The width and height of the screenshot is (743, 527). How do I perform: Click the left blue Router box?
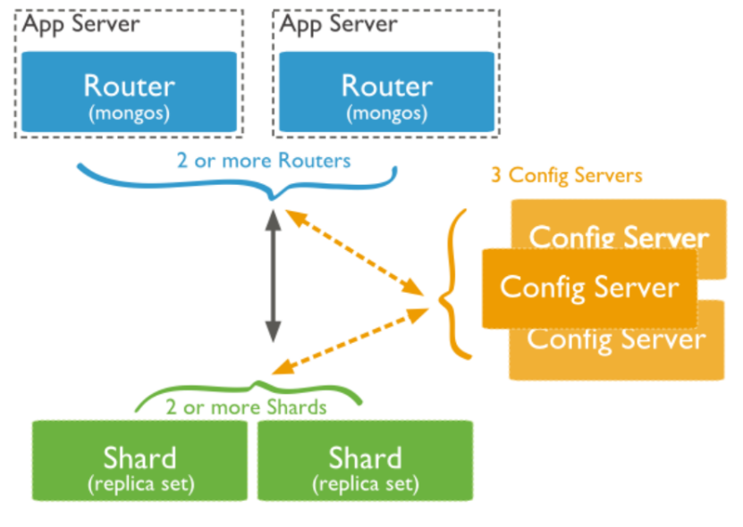tap(129, 92)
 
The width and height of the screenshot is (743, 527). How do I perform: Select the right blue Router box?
tap(386, 92)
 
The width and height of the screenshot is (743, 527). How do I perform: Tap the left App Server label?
tap(81, 24)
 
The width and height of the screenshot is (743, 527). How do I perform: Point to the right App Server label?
tap(339, 24)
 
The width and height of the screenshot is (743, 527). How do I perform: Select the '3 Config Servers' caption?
tap(566, 174)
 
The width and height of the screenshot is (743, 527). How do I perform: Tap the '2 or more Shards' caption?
tap(246, 406)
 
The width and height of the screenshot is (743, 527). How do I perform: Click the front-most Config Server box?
tap(588, 288)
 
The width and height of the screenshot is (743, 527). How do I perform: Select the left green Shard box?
tap(139, 460)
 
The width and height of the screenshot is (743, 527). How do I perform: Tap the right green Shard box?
tap(365, 460)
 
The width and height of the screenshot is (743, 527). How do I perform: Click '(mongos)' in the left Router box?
tap(129, 114)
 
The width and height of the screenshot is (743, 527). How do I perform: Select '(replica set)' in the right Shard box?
tap(365, 483)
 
